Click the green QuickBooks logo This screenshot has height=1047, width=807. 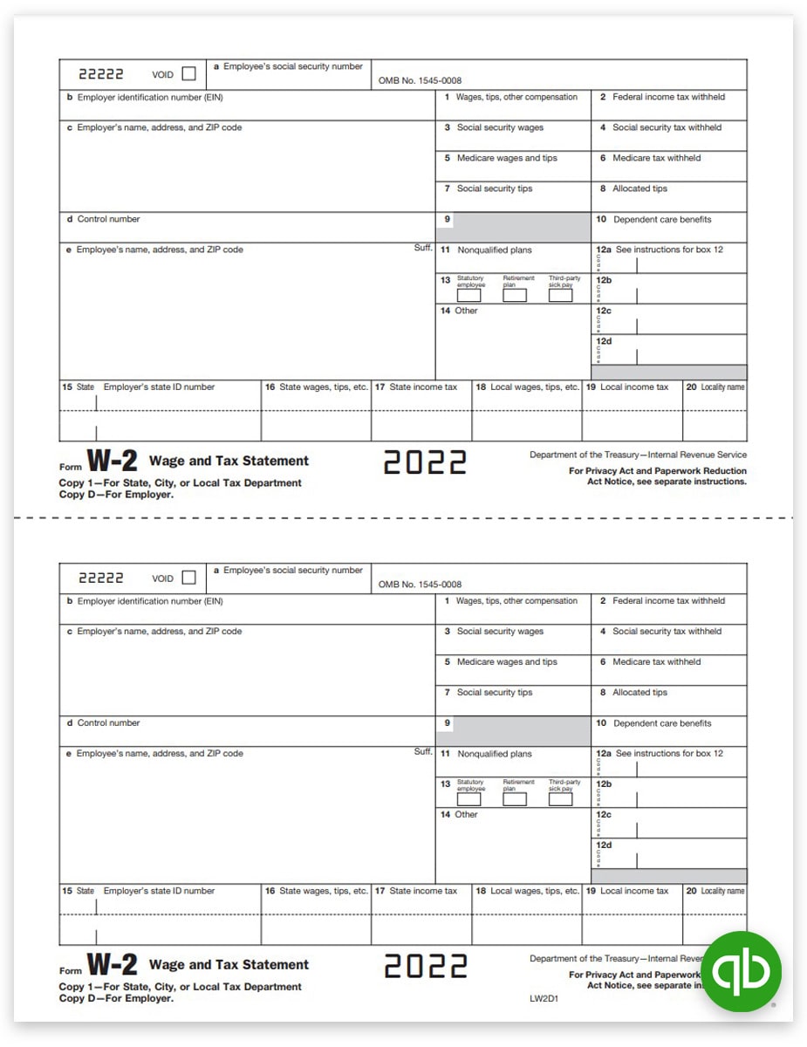[742, 971]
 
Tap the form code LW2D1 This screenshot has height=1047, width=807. [543, 997]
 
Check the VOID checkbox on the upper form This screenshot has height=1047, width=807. [188, 74]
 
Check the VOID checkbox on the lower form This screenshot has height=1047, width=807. [188, 578]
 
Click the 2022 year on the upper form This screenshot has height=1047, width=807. [425, 462]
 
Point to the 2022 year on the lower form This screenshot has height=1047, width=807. [425, 966]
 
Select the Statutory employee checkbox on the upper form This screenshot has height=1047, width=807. [469, 296]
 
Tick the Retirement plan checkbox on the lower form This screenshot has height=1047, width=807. [515, 799]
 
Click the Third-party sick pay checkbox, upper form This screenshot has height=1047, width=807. [560, 296]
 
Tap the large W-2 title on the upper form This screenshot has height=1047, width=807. [112, 462]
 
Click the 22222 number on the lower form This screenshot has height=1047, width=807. [101, 578]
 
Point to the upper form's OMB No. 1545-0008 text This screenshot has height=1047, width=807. [420, 80]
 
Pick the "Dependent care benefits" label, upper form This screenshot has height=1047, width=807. [662, 220]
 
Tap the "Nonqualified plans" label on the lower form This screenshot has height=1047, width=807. [494, 754]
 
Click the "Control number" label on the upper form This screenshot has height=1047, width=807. [108, 219]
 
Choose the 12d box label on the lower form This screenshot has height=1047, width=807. [604, 845]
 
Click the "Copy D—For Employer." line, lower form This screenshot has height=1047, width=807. [116, 998]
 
